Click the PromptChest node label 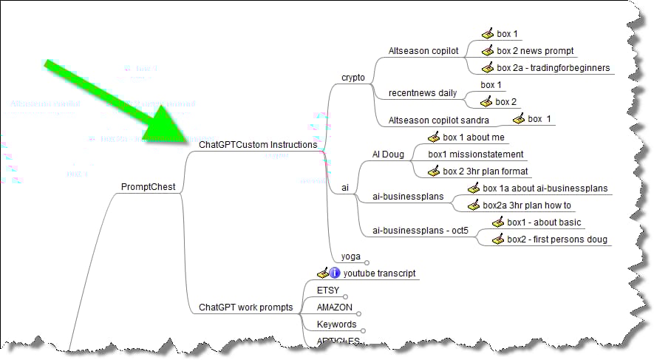click(x=148, y=187)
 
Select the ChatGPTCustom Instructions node click(x=258, y=146)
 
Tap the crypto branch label click(x=352, y=78)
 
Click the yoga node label click(x=350, y=257)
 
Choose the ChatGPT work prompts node click(x=246, y=307)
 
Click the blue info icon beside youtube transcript click(x=335, y=274)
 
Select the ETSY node click(x=327, y=291)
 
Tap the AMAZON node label click(x=334, y=308)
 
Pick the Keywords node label click(x=336, y=325)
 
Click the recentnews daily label click(x=423, y=93)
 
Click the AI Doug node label click(x=390, y=154)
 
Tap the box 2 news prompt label click(x=535, y=51)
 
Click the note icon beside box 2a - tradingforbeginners click(x=487, y=68)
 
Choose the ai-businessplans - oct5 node click(x=420, y=231)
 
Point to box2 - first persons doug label click(x=556, y=240)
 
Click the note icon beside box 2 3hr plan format click(x=434, y=171)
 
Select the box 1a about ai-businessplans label click(x=545, y=189)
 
